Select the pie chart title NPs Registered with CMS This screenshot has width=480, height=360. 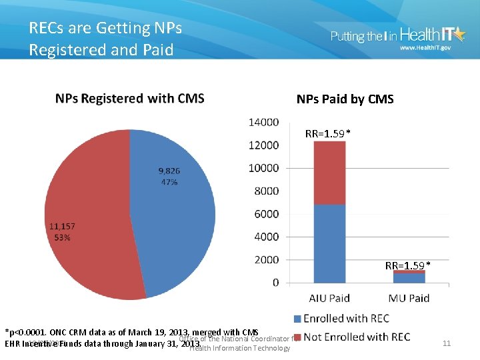point(129,99)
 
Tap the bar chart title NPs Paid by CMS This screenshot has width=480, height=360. point(345,99)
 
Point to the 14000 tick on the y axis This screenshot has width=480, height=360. point(264,122)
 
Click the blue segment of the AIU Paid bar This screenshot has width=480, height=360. point(329,243)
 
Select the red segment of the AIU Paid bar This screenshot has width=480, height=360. point(329,173)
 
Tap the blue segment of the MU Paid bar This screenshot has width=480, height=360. point(409,278)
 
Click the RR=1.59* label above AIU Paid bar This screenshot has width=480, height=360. point(328,134)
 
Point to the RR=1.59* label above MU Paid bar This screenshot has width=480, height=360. point(407,265)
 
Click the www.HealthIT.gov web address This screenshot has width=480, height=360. point(425,49)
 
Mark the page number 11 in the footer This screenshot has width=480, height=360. point(447,343)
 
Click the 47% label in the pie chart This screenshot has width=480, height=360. point(168,182)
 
